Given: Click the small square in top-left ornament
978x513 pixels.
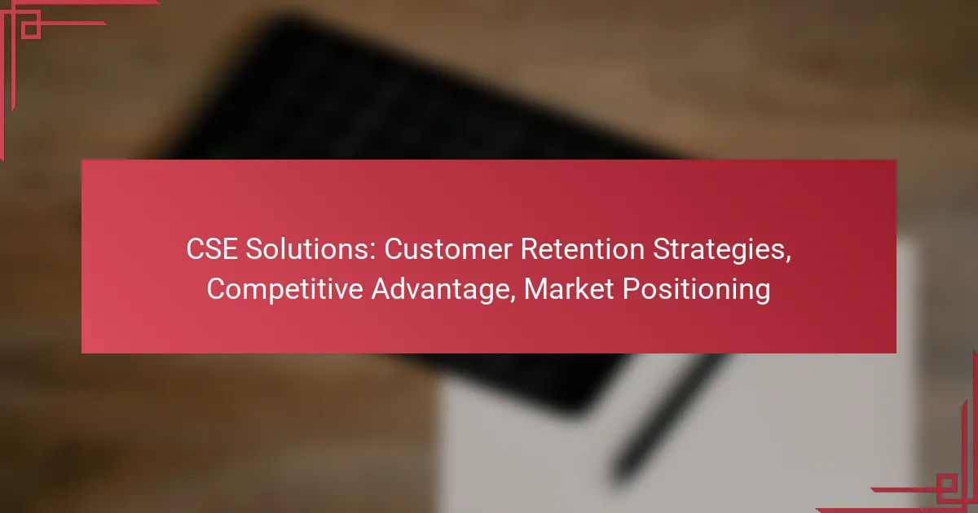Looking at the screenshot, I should [30, 29].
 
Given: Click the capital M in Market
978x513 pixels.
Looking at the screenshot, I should [535, 290].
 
